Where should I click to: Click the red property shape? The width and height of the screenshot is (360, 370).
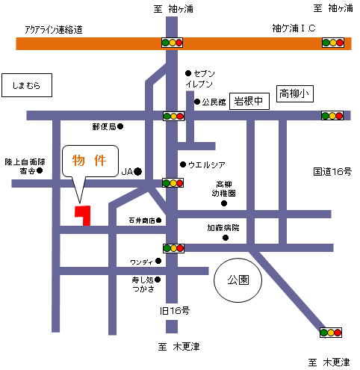(85, 215)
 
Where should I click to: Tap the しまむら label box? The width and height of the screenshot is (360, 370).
(27, 85)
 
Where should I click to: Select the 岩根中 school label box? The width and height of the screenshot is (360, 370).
(249, 101)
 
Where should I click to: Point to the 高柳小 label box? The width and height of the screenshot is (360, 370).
(295, 94)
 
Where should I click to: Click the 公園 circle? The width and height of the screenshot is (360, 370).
(238, 259)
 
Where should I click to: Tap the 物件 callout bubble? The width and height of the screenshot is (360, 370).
(90, 161)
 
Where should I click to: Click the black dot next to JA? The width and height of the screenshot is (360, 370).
(138, 171)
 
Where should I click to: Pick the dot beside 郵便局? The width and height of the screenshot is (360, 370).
(120, 126)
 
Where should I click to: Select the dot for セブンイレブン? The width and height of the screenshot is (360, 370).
(188, 73)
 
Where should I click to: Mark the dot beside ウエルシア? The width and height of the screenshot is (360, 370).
(183, 164)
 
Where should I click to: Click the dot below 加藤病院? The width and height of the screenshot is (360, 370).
(226, 238)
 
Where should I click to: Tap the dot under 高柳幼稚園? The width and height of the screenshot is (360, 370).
(224, 203)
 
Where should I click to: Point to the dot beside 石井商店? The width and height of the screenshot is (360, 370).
(158, 221)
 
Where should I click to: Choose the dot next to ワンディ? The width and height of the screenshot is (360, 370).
(158, 261)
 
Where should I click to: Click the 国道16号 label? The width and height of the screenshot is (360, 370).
(332, 171)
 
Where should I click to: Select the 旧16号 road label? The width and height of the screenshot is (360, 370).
(175, 311)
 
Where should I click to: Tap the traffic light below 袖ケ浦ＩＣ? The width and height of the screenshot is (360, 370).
(333, 43)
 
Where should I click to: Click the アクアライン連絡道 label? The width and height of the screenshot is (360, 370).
(54, 30)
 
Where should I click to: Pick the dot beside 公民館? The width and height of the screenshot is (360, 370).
(197, 102)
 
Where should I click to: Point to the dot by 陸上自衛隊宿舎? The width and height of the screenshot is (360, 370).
(40, 170)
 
